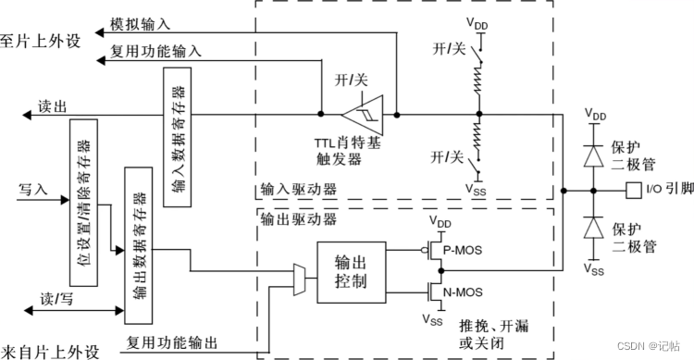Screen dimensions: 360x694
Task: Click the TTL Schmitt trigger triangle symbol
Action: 359,115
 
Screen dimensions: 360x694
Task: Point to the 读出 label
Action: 52,106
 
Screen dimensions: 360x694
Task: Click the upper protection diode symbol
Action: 589,155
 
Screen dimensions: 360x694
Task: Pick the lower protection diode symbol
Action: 589,228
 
